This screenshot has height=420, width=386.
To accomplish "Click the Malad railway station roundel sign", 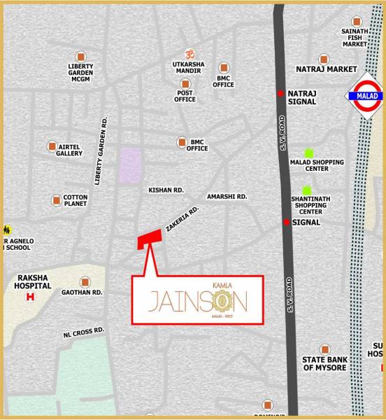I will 363,96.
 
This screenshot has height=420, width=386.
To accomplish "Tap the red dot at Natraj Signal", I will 281,93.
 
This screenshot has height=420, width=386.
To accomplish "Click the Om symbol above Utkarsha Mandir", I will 189,54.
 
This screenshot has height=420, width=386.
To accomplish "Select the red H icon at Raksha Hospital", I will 30,297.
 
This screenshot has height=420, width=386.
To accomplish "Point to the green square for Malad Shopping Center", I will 307,153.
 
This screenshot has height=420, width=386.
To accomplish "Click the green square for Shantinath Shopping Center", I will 306,190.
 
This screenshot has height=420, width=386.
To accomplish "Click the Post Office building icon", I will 185,83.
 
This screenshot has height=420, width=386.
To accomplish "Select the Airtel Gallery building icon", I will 52,146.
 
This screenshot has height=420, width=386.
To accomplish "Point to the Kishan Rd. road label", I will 166,190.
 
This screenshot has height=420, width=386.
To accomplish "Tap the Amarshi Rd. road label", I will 227,197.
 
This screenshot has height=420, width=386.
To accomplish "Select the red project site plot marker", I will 148,239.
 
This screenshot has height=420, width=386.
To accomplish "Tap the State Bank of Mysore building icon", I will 325,349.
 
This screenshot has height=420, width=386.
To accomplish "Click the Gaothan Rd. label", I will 83,292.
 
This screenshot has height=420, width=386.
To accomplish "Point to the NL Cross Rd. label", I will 83,329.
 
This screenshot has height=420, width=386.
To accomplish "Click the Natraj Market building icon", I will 324,59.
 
